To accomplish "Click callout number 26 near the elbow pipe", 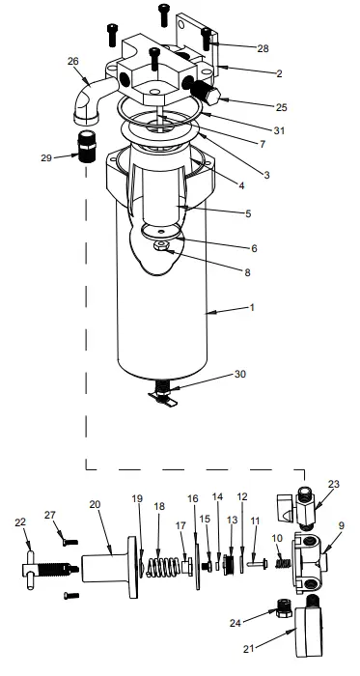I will click(x=71, y=61).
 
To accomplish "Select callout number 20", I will click(x=95, y=504).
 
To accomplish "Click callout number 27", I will click(x=50, y=516).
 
